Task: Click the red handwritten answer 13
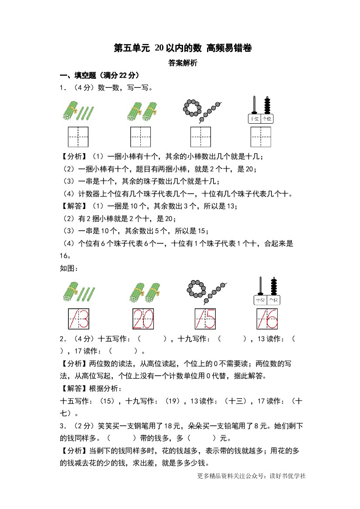78,319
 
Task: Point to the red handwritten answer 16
267,319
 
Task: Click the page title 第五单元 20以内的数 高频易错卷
183,48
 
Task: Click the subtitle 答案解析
183,63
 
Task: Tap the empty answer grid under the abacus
261,137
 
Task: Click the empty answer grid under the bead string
200,137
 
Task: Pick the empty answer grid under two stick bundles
141,137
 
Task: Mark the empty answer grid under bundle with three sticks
78,137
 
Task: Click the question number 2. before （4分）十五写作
63,339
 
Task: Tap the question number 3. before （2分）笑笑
63,426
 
